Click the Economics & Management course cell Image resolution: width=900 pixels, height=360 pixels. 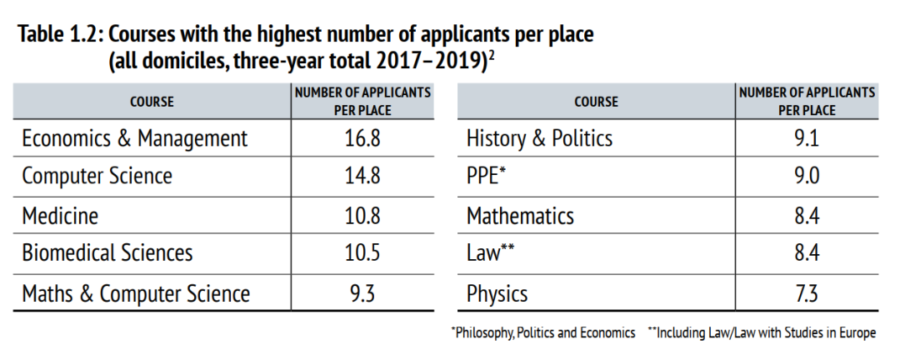(135, 138)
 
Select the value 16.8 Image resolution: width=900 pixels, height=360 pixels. (362, 138)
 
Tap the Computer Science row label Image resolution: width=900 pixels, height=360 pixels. (97, 177)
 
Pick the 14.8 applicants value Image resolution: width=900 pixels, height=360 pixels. (362, 177)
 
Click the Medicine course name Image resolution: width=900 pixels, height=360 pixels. (60, 216)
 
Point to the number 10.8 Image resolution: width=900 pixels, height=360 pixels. (362, 216)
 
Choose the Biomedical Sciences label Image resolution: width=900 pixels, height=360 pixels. (107, 252)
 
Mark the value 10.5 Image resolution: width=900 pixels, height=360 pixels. (362, 252)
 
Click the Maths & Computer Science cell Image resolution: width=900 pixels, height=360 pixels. (136, 293)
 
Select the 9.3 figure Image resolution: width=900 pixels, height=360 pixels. (362, 293)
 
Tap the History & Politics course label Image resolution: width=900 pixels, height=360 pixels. (540, 138)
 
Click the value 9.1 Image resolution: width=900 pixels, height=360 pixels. (807, 138)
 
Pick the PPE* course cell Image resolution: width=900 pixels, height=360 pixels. (487, 177)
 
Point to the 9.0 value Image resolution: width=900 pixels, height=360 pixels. (807, 177)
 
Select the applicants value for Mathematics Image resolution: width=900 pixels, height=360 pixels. (807, 216)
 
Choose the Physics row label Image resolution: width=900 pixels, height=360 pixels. (497, 293)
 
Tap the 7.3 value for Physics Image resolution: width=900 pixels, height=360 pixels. (807, 293)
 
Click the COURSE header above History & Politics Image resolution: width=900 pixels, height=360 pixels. (596, 102)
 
